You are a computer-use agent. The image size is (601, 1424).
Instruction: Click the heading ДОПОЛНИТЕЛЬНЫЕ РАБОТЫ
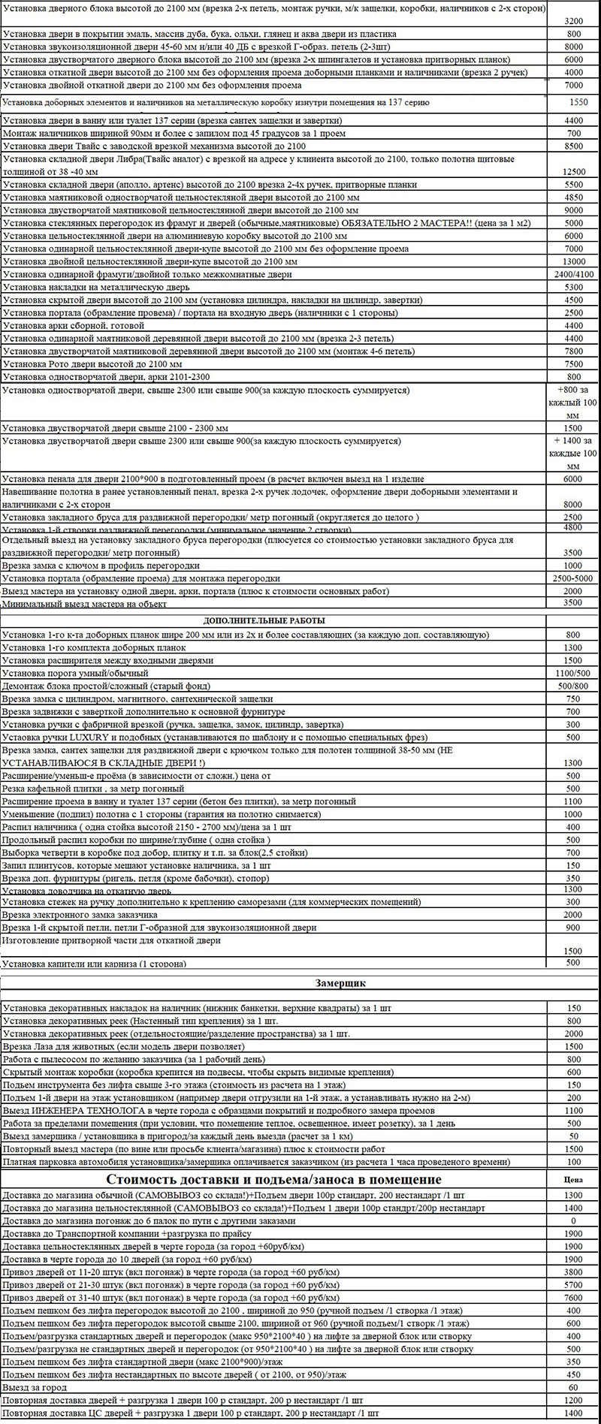(264, 621)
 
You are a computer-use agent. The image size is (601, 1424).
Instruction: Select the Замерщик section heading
(340, 982)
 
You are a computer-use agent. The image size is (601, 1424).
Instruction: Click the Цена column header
(573, 1179)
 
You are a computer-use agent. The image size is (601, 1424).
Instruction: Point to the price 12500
(573, 172)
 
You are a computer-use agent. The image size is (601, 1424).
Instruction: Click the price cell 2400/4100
(573, 274)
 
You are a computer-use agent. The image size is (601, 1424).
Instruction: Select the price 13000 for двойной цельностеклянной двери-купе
(573, 261)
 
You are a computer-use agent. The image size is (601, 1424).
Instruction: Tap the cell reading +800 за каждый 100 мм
(573, 403)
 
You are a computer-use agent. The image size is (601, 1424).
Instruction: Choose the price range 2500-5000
(573, 578)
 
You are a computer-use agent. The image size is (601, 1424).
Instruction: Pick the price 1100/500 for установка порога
(573, 673)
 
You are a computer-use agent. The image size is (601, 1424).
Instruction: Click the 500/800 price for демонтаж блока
(573, 686)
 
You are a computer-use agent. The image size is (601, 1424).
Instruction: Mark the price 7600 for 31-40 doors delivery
(573, 1297)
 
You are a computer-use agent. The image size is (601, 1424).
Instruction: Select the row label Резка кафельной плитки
(93, 789)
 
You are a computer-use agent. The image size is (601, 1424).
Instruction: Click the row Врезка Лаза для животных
(123, 1046)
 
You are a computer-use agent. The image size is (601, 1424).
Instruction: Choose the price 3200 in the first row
(573, 21)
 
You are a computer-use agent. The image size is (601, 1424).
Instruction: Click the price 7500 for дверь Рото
(573, 364)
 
